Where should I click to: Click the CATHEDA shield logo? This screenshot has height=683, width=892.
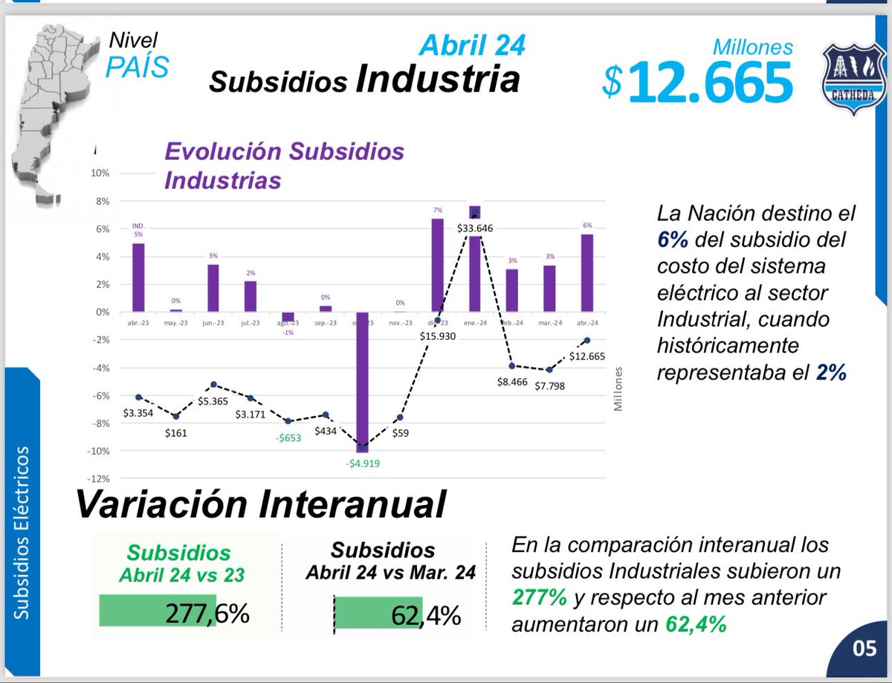(x=850, y=77)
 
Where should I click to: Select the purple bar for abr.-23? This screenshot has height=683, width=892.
(x=138, y=278)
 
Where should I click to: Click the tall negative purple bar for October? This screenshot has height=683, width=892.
(x=363, y=379)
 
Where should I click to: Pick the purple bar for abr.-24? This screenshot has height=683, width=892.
(x=587, y=273)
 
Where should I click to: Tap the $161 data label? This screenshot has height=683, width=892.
(x=176, y=433)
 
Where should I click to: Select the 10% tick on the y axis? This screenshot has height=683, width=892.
(x=100, y=173)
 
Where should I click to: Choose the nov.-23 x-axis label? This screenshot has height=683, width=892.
(x=400, y=324)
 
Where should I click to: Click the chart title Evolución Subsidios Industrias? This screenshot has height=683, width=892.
(x=284, y=165)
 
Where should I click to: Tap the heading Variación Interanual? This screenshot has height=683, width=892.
(x=260, y=504)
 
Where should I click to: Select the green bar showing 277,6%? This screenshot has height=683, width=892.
(x=158, y=610)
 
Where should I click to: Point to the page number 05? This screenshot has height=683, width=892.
(x=864, y=647)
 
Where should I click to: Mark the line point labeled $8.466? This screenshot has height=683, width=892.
(x=512, y=366)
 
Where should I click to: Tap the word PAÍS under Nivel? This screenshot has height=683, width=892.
(x=137, y=66)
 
